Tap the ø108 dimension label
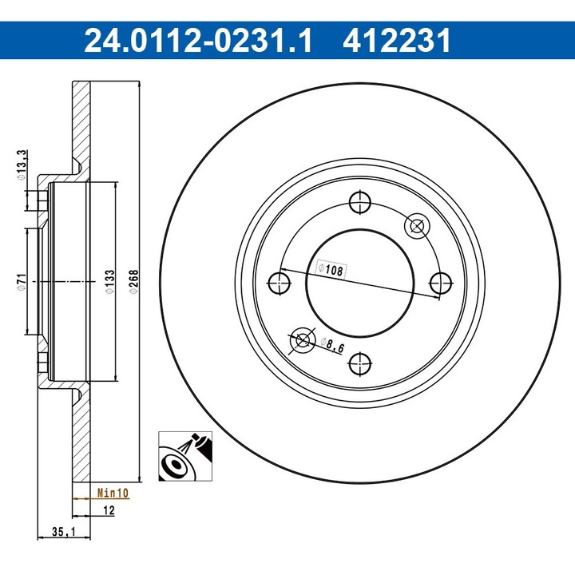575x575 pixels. [330, 270]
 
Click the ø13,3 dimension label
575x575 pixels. [22, 165]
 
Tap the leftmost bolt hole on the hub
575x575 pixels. [280, 282]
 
